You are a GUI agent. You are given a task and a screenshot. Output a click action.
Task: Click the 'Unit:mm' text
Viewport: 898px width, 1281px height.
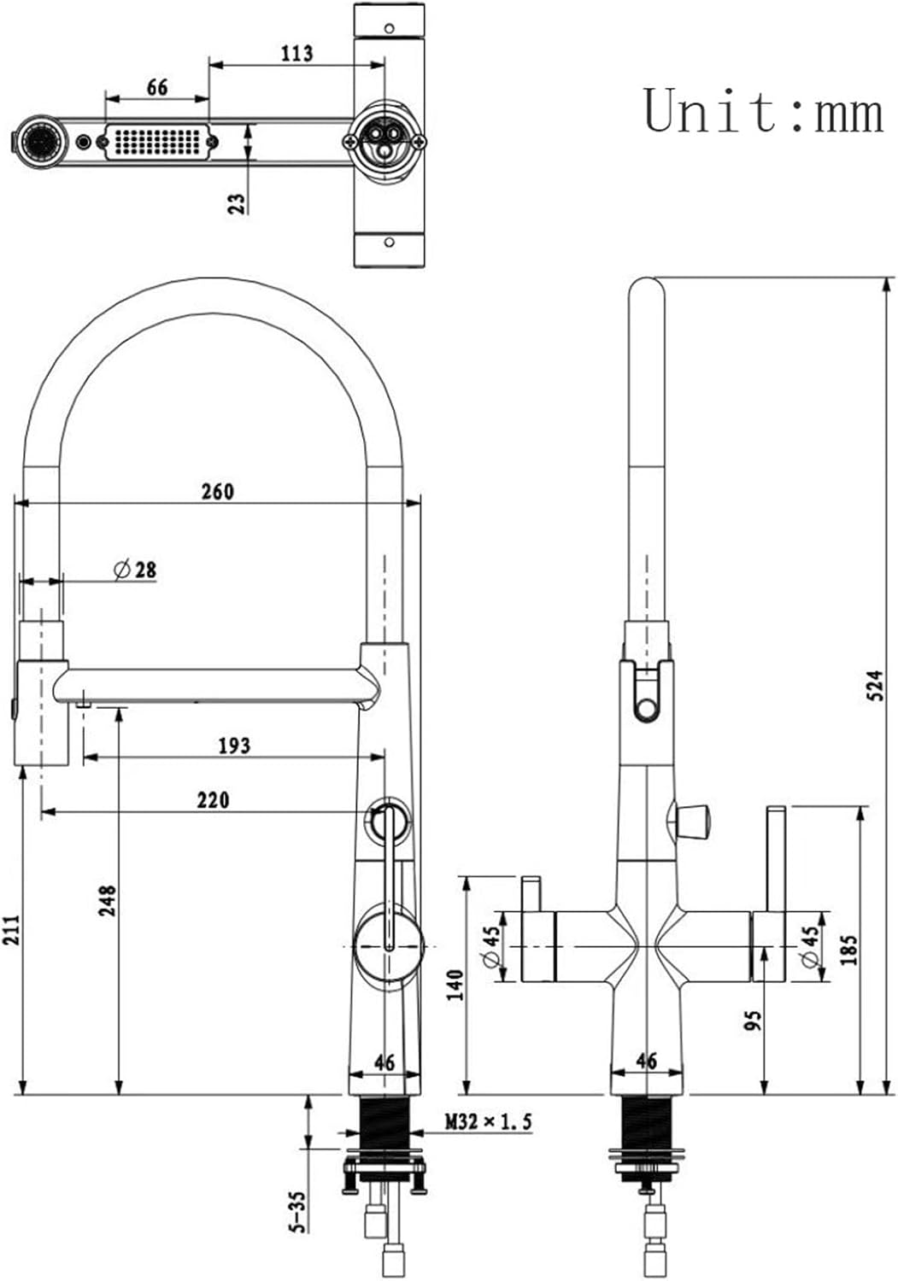[764, 111]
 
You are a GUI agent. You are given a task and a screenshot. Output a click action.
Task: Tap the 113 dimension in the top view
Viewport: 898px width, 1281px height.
[297, 53]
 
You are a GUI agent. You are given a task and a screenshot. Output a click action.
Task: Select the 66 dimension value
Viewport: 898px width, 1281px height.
[157, 87]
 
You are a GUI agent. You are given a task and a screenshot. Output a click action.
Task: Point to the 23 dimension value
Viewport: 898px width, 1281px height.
[237, 204]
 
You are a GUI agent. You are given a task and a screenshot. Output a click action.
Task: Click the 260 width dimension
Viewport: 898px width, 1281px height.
[218, 492]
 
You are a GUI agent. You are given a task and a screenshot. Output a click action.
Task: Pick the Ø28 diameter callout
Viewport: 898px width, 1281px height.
[135, 570]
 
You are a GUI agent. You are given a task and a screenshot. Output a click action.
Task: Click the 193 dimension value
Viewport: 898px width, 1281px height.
[235, 746]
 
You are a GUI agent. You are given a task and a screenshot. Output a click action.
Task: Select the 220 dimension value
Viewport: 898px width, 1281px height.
[214, 800]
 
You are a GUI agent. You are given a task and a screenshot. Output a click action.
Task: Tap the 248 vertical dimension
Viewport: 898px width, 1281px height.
[107, 901]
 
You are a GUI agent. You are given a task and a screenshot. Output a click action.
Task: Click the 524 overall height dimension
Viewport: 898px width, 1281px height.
[875, 686]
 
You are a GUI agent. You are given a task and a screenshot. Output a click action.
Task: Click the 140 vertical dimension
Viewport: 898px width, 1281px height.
[455, 985]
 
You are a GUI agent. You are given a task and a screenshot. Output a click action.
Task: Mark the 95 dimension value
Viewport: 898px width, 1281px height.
[754, 1021]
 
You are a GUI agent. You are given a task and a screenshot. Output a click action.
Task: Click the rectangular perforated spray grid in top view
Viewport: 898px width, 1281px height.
[159, 141]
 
